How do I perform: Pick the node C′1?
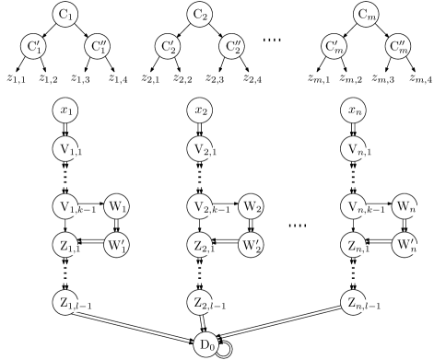click(x=34, y=46)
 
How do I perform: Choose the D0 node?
click(x=208, y=343)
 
